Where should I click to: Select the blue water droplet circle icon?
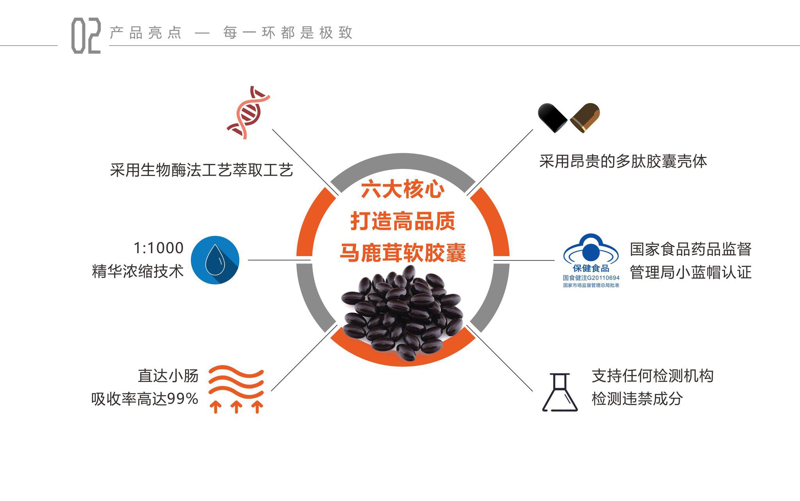(x=215, y=260)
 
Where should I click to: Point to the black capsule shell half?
(x=552, y=117)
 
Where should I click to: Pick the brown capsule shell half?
(x=585, y=117)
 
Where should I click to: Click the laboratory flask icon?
(x=560, y=392)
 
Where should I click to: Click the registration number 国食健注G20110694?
(x=591, y=278)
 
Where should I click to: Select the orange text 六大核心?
(x=402, y=190)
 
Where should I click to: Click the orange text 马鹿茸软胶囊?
(x=402, y=252)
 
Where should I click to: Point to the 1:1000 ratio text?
(x=158, y=248)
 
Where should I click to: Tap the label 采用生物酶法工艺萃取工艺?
(x=201, y=170)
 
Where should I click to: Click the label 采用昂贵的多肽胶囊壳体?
(x=623, y=161)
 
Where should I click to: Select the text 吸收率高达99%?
(x=145, y=399)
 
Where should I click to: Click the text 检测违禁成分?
(x=637, y=399)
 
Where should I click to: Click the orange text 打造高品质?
(x=402, y=221)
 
